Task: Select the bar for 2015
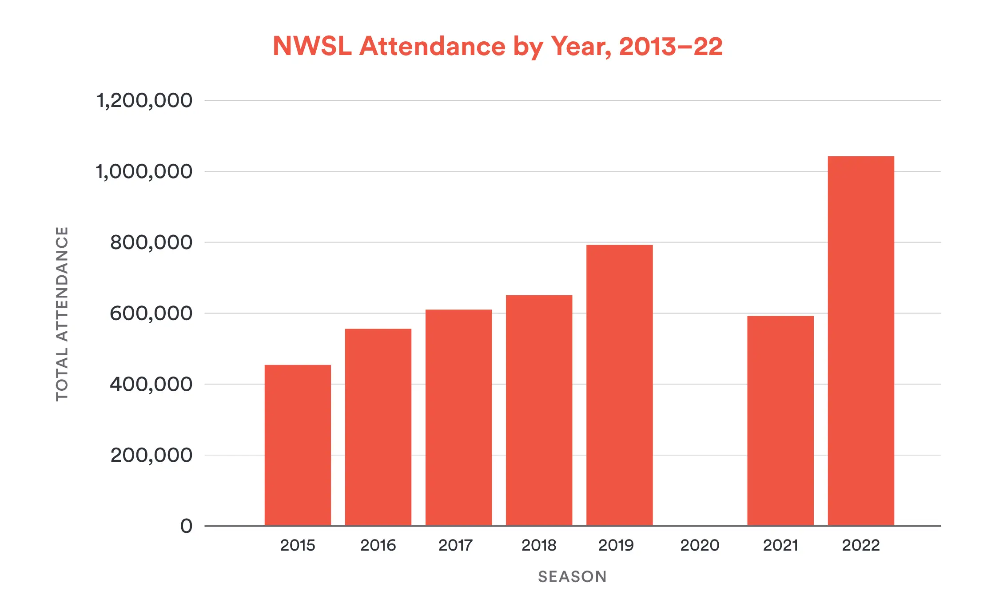298,445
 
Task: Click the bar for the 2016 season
378,427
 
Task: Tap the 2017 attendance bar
458,417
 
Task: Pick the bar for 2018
539,410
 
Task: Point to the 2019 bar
619,385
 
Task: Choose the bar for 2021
780,421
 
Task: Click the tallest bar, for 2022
861,341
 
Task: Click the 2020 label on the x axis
700,545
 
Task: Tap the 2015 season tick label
298,545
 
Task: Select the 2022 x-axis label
861,545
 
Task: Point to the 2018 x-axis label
539,545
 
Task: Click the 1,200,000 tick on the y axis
144,100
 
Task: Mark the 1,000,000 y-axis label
144,171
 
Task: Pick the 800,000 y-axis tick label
151,242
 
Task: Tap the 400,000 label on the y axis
151,384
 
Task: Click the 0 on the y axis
187,526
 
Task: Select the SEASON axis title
572,577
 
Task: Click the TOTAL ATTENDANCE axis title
62,314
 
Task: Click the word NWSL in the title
312,46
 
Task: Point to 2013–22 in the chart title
671,46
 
